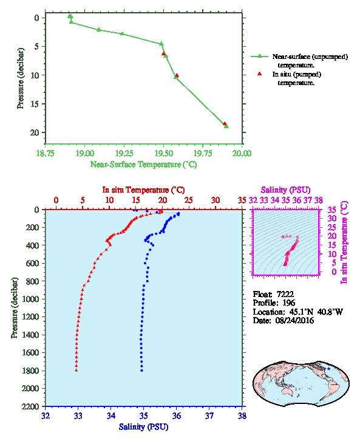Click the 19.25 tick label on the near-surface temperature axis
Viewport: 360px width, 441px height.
coord(124,153)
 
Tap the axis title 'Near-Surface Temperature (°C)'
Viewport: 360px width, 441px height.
coord(143,165)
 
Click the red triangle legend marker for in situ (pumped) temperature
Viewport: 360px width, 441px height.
coord(260,74)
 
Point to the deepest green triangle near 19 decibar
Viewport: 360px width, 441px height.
coord(226,126)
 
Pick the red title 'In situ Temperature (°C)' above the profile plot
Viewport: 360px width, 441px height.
coord(143,190)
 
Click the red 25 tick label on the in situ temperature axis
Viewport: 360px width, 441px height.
coord(189,200)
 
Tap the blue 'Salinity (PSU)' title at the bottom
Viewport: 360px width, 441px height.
coord(144,427)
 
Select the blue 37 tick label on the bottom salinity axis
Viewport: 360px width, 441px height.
coord(209,415)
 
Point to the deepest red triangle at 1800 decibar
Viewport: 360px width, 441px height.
coord(76,370)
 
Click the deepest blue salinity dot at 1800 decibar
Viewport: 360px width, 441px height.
coord(141,371)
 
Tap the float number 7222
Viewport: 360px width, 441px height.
coord(285,294)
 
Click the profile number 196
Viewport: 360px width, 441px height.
coord(289,303)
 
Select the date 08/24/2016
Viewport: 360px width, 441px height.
coord(295,321)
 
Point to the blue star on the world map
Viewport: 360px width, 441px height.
coord(328,369)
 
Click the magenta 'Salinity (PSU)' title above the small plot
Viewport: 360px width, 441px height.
coord(286,190)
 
